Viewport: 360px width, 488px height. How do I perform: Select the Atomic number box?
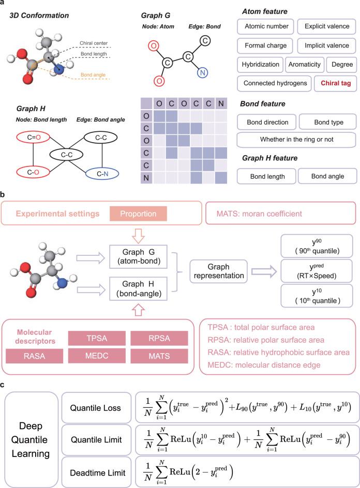265,26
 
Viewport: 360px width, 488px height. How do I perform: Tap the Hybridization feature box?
259,65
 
